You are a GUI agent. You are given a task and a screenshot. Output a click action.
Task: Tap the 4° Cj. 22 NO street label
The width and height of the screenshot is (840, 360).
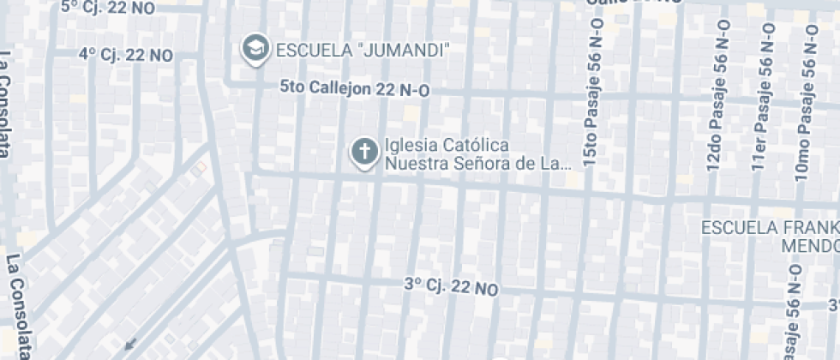[x=126, y=55]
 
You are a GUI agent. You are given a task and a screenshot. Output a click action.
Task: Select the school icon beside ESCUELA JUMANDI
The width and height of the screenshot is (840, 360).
[x=255, y=49]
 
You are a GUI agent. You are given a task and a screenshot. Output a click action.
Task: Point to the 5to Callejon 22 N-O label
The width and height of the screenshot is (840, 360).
[x=355, y=88]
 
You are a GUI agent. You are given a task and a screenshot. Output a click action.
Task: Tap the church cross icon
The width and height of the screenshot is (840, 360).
[x=364, y=153]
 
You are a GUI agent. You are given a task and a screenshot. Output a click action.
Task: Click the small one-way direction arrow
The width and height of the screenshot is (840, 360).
[x=130, y=345]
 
